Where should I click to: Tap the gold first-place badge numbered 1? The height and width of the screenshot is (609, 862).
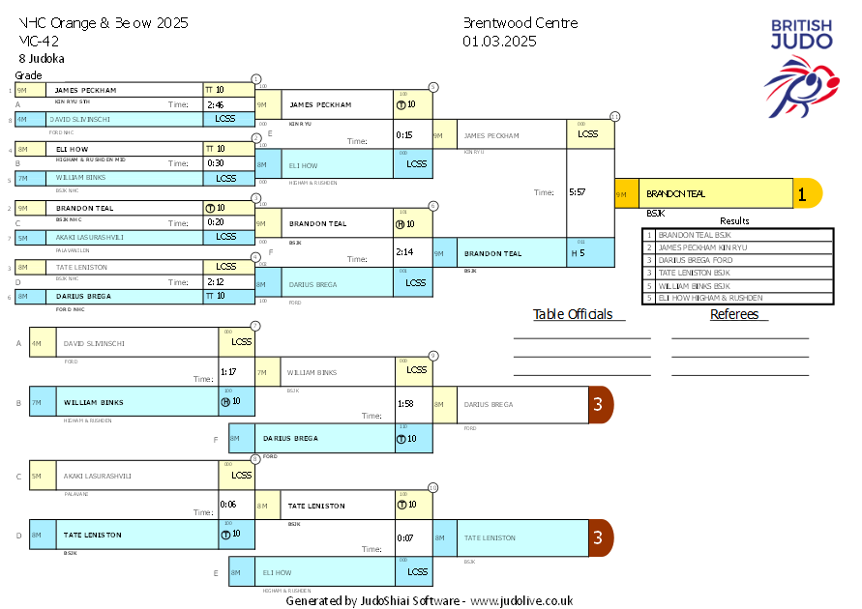[x=802, y=193]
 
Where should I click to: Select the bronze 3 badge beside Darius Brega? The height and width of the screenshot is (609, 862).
[x=599, y=404]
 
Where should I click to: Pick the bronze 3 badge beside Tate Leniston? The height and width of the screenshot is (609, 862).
[x=599, y=537]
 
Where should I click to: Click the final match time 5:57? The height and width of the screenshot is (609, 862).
[x=577, y=192]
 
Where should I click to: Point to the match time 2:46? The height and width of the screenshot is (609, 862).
[x=215, y=104]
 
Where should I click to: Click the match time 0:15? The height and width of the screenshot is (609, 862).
[x=404, y=135]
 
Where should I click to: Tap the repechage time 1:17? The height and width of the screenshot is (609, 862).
[x=229, y=371]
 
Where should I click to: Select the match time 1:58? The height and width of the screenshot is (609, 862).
[x=405, y=403]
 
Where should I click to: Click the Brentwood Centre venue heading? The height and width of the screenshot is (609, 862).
[x=520, y=23]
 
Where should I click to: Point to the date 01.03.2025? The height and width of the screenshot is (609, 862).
[x=499, y=41]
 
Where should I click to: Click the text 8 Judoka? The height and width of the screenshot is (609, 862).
[x=36, y=59]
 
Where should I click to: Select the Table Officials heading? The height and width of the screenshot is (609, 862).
[x=573, y=314]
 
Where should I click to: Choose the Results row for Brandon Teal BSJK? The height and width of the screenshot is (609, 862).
[x=737, y=235]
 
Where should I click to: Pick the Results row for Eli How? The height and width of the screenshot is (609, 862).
[x=737, y=298]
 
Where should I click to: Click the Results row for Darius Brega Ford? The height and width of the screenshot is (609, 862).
[x=737, y=260]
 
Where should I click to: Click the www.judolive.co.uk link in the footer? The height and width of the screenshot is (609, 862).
[x=521, y=600]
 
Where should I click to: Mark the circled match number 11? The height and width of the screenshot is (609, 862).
[x=615, y=117]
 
